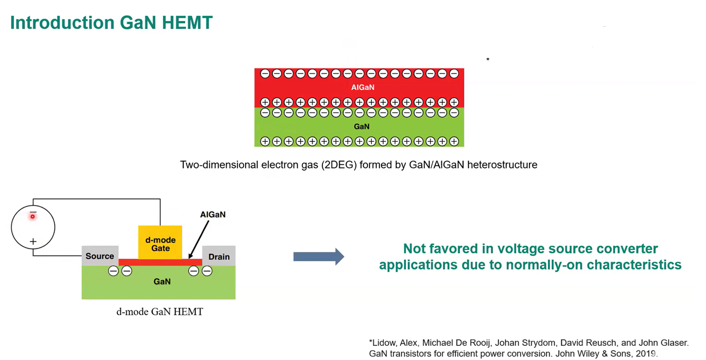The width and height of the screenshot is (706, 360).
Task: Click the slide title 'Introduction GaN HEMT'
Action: tap(111, 23)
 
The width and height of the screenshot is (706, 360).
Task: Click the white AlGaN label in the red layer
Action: tap(363, 87)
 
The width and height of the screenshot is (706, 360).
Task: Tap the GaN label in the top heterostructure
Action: tap(361, 126)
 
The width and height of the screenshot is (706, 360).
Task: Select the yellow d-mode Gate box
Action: tap(160, 243)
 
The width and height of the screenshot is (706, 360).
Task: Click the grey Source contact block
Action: tap(100, 256)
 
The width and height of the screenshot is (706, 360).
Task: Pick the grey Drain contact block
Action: tap(219, 256)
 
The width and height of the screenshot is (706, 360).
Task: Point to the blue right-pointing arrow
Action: tap(318, 257)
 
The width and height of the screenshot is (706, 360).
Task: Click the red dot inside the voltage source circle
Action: tap(33, 216)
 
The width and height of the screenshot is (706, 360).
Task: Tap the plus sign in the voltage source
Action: tap(33, 241)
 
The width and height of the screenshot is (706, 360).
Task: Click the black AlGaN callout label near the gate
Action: tap(213, 214)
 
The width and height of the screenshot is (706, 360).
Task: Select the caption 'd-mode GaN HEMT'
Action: tap(160, 312)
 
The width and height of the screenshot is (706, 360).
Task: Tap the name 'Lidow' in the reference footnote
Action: tap(387, 343)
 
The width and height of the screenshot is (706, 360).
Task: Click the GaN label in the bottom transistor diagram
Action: tap(162, 281)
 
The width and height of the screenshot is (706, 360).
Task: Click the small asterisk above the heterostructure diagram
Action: tap(488, 59)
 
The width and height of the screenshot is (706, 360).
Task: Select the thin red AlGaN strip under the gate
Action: tap(160, 263)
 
